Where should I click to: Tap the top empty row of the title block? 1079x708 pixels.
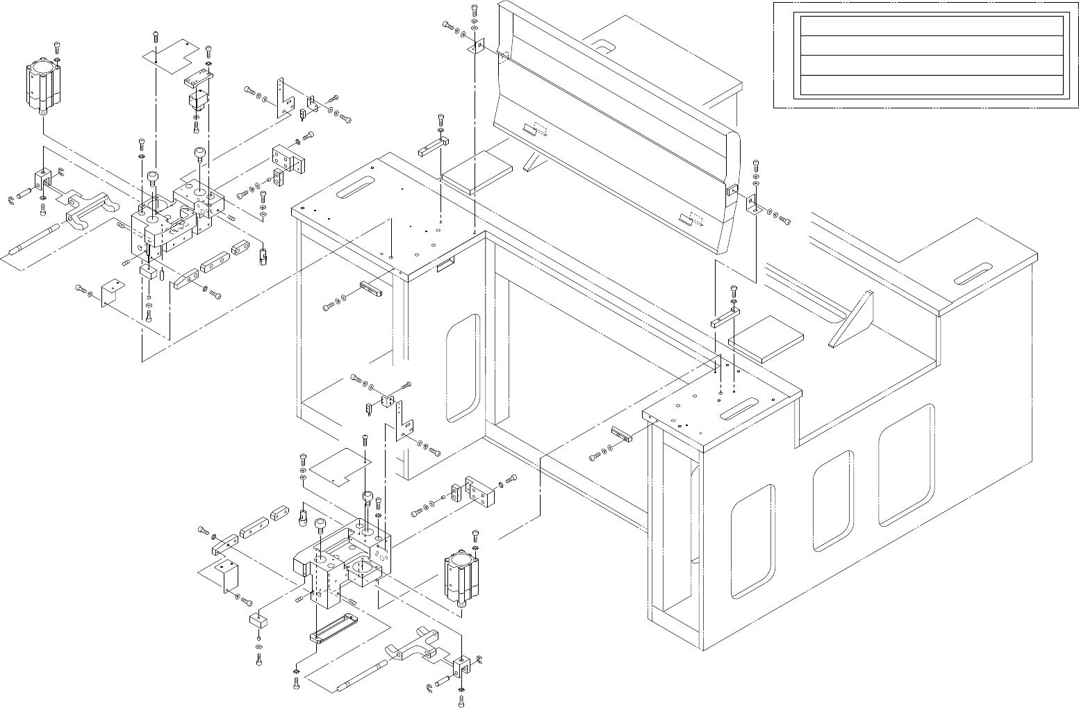click(x=931, y=26)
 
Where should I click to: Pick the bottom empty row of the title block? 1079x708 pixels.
click(x=931, y=85)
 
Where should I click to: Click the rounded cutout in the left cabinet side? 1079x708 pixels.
click(x=463, y=368)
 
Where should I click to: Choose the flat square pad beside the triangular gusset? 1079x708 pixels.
click(x=766, y=338)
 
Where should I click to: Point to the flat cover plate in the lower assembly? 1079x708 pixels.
click(x=338, y=466)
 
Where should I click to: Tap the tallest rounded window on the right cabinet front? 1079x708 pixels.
click(x=905, y=466)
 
